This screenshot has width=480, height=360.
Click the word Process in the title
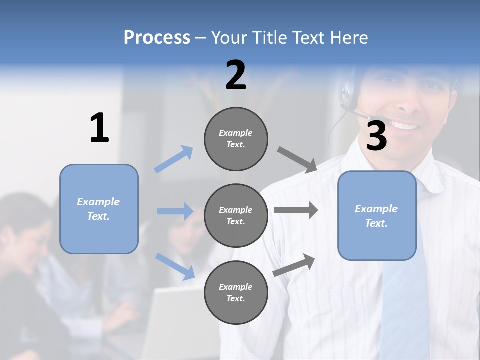(x=157, y=38)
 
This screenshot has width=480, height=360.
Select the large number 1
(x=99, y=128)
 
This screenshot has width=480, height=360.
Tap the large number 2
(x=236, y=75)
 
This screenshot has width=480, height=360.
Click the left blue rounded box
(x=99, y=209)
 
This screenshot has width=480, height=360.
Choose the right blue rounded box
(x=377, y=216)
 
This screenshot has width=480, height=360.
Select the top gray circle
(x=236, y=139)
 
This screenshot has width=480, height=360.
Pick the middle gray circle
(x=236, y=216)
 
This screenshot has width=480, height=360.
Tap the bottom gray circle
(x=236, y=293)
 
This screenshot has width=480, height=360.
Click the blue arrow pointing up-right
(x=174, y=159)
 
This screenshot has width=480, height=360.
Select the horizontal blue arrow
(x=175, y=211)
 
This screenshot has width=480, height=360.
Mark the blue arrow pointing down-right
(x=175, y=266)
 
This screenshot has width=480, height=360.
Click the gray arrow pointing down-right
(x=297, y=160)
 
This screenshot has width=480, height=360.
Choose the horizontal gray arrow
(x=295, y=210)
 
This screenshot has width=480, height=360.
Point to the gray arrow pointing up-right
(x=294, y=265)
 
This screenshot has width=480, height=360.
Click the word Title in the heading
(x=271, y=38)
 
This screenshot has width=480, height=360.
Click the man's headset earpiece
(x=347, y=92)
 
